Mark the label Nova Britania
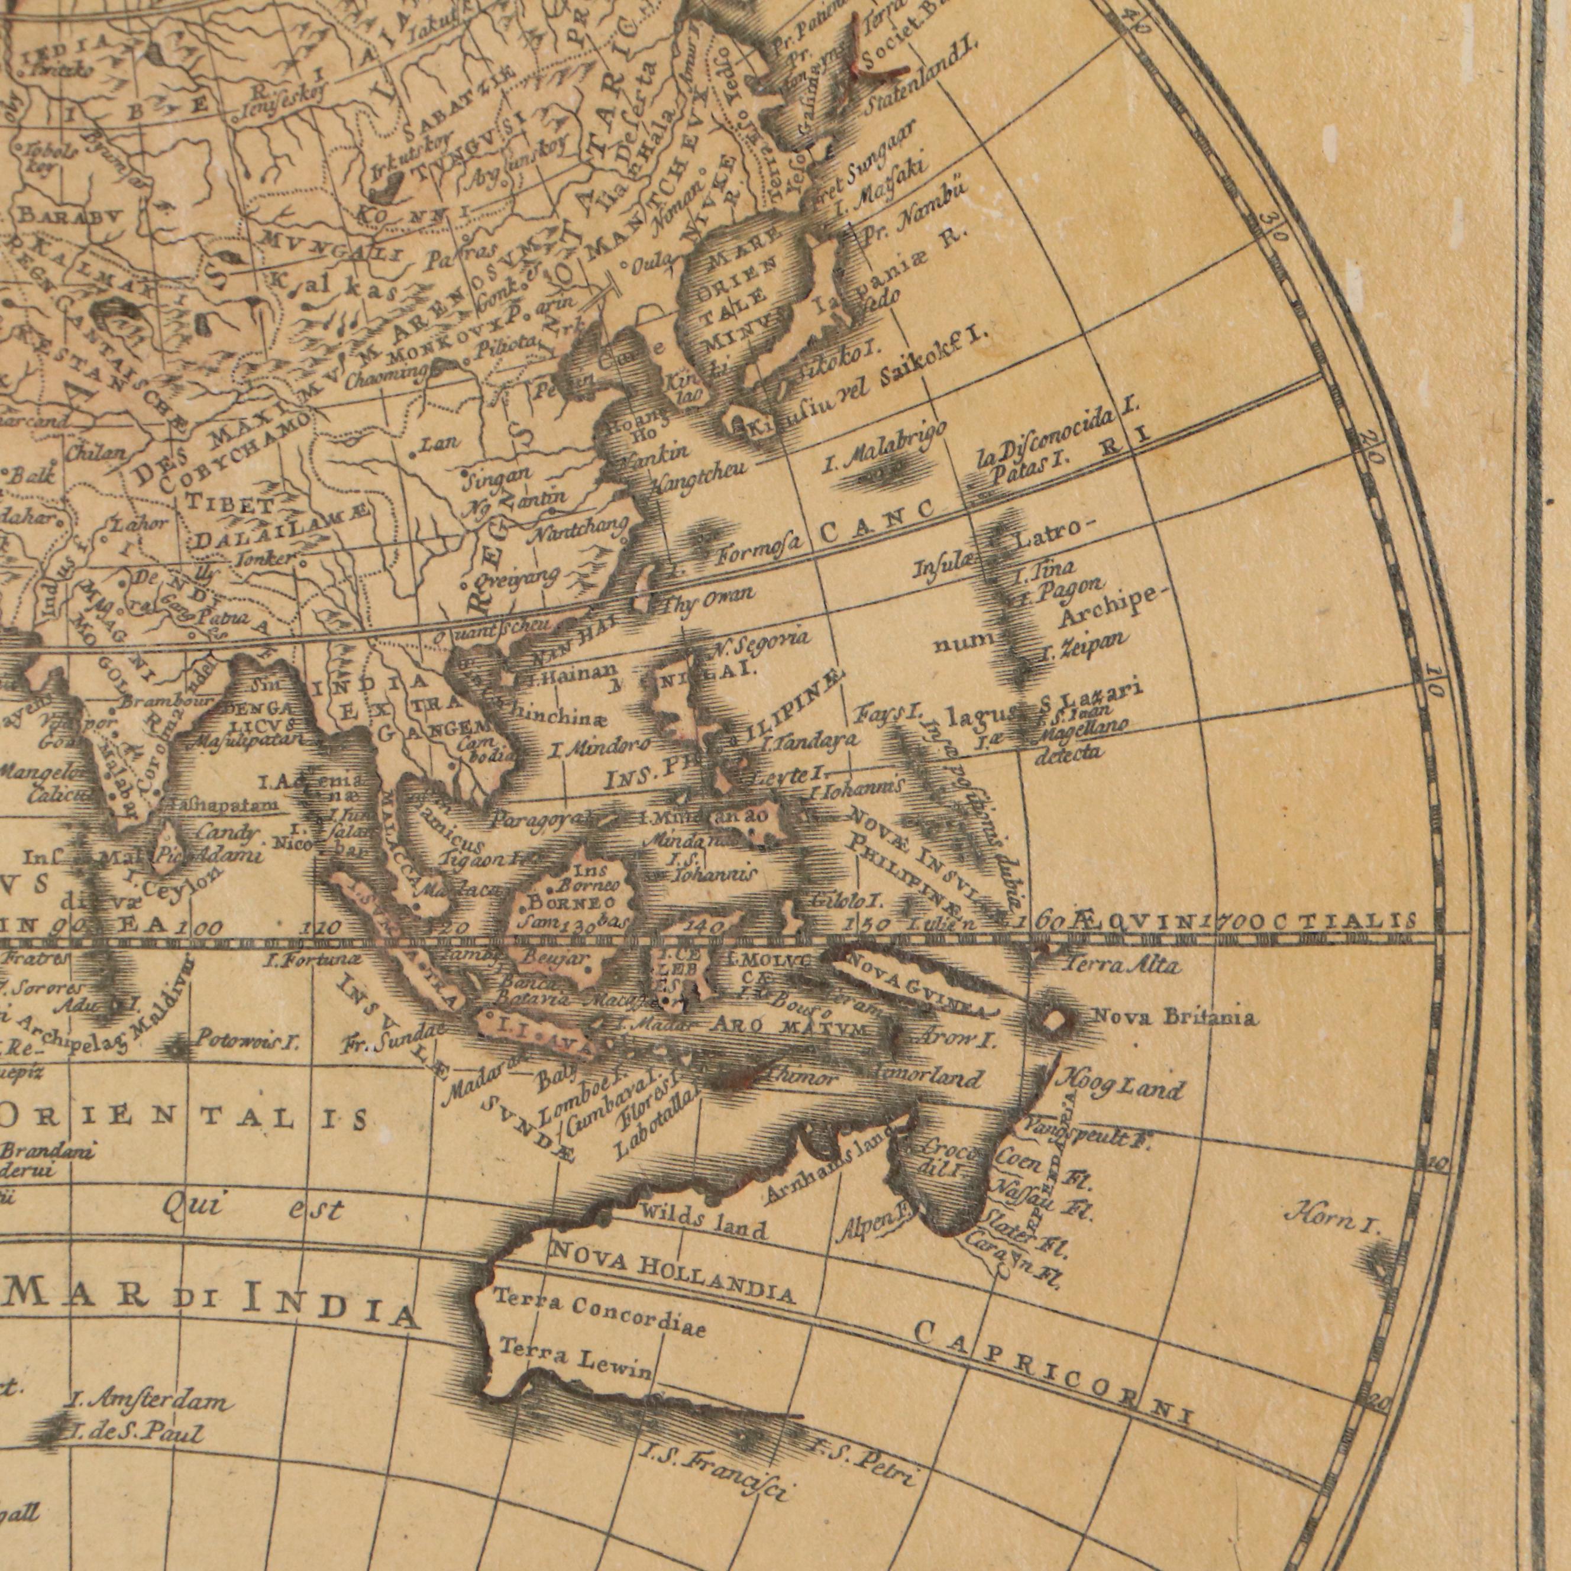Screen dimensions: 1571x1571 tap(1174, 1016)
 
